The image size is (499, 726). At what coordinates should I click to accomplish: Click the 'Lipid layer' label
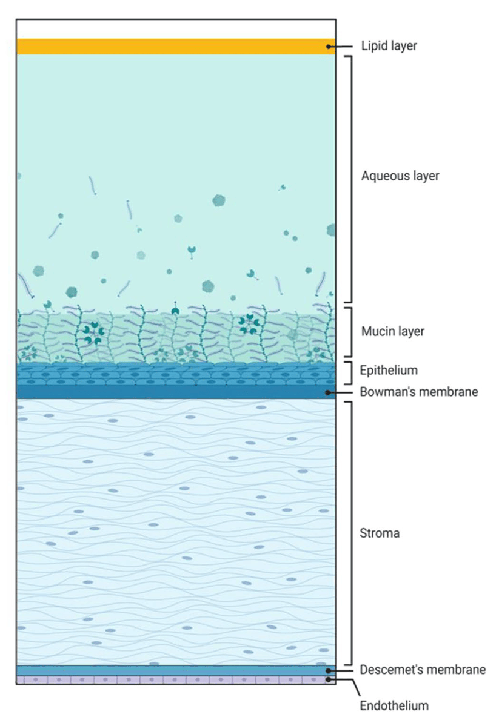389,46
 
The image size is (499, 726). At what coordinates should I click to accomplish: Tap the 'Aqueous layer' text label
400,176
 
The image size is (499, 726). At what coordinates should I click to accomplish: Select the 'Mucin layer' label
393,332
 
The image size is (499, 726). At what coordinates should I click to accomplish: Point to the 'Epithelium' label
389,369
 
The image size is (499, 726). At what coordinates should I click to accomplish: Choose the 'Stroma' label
380,534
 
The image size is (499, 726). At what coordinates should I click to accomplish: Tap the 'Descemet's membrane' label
423,670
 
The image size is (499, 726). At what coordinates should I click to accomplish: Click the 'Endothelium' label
394,705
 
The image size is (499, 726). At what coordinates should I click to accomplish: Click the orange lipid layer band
176,47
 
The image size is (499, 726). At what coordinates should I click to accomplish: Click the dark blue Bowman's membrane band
176,392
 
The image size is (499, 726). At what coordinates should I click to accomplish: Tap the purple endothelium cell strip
176,680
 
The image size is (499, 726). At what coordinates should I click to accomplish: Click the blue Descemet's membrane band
176,670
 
